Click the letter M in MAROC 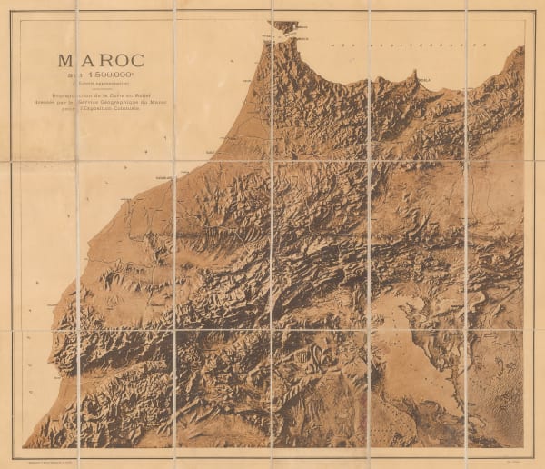[66, 60]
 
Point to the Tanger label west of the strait [264, 40]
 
